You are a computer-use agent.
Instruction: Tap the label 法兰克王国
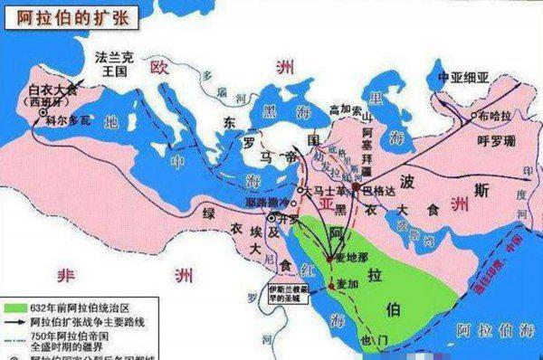tap(114, 62)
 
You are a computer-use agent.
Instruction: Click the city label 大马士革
tap(322, 193)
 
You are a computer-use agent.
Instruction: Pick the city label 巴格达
tap(378, 191)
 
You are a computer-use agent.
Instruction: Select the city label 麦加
tap(353, 284)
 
